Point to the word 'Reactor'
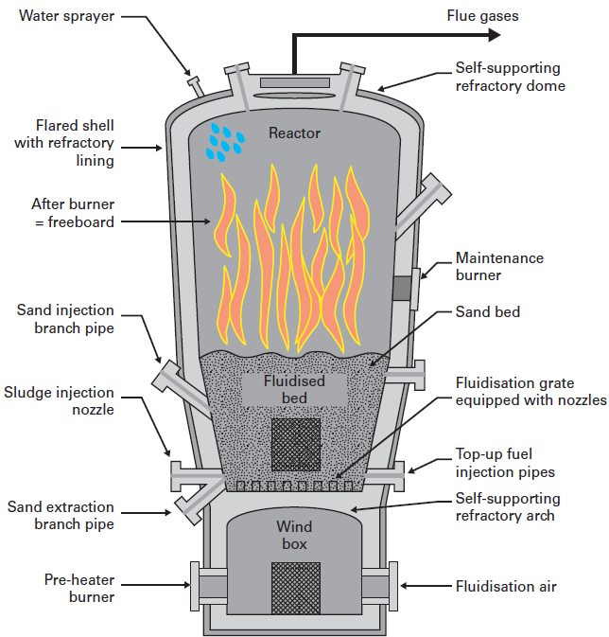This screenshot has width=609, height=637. [294, 133]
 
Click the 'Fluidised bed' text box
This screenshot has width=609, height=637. [294, 389]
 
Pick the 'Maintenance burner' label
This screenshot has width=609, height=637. [499, 266]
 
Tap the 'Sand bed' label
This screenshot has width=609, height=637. [487, 310]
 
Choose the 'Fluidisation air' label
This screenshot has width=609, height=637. [506, 586]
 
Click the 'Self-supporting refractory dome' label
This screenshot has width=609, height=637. [510, 78]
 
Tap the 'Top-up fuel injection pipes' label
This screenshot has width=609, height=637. [505, 463]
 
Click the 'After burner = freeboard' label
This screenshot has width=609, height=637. [73, 213]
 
